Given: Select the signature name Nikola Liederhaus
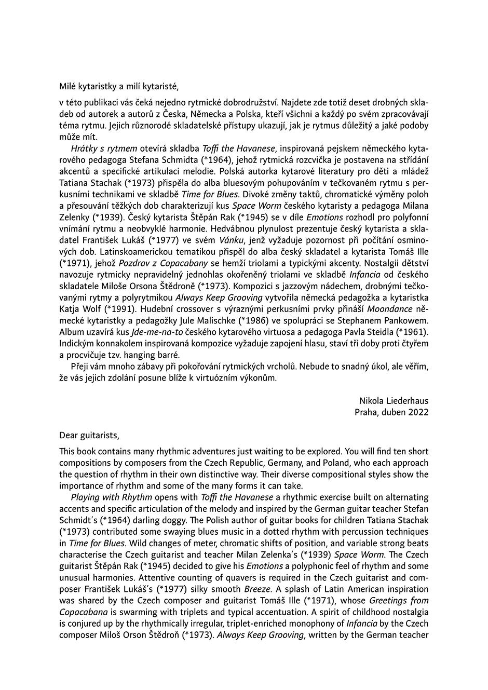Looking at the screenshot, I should click(394, 401).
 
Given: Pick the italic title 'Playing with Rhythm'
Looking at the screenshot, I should click(108, 497).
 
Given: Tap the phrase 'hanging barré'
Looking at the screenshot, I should click(154, 355).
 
